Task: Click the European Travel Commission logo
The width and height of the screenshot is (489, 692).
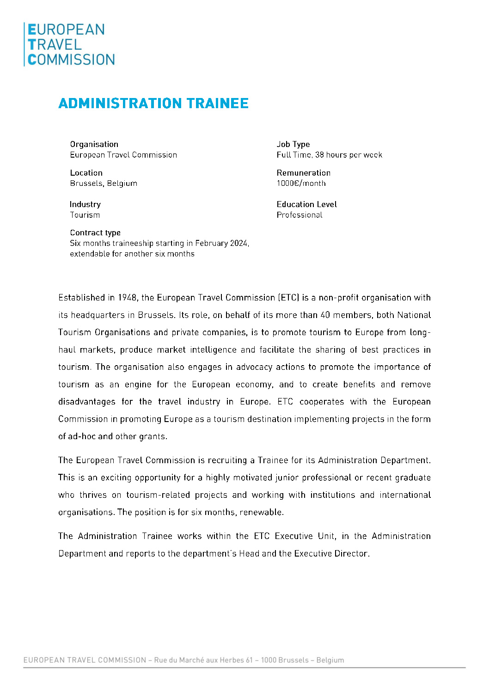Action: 69,44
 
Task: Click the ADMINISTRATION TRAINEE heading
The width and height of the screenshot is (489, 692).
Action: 153,103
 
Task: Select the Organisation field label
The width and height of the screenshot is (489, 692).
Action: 94,144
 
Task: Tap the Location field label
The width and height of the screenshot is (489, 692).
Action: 86,173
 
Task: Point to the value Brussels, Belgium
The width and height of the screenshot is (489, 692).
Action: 104,184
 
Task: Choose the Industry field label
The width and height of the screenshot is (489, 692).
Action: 85,204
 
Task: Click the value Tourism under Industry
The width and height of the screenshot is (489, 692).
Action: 85,215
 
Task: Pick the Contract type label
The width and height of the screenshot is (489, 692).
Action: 95,233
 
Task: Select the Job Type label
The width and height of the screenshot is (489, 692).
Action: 293,144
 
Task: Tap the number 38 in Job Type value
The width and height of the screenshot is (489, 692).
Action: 319,155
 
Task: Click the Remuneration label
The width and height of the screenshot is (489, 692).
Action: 303,173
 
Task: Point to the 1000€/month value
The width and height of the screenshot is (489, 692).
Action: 301,184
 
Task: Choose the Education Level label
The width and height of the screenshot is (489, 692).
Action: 306,204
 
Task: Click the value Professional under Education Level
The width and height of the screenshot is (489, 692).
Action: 300,215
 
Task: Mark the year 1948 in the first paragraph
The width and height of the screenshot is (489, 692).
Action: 127,298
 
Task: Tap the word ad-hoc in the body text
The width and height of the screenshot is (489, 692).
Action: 82,436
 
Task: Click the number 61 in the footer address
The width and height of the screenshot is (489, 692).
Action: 249,660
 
